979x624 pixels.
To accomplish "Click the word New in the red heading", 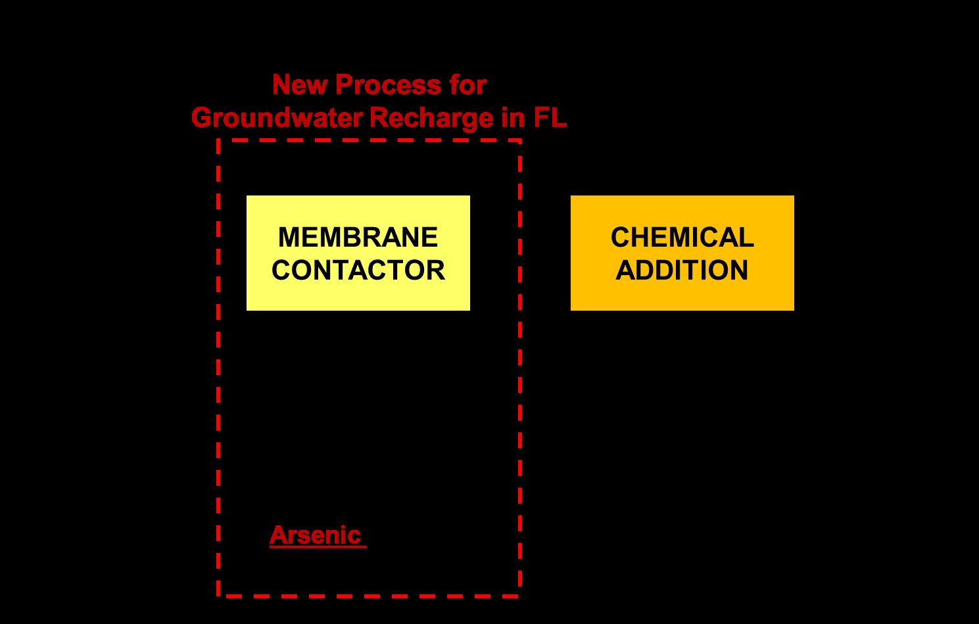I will [x=294, y=85].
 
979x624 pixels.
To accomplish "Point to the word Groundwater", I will [x=277, y=118].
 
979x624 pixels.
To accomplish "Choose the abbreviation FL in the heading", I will [x=549, y=118].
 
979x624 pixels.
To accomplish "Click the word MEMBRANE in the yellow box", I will [x=358, y=237].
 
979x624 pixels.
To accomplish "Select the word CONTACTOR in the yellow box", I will [x=358, y=270].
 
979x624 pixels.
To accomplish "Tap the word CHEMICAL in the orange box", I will [x=682, y=237].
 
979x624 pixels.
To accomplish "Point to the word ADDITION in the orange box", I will [x=682, y=270].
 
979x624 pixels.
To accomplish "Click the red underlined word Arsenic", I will [x=315, y=534].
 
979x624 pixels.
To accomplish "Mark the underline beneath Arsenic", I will [x=318, y=546].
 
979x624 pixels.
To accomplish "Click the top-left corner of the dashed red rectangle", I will [x=218, y=140].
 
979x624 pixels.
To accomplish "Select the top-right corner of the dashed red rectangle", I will [x=520, y=140].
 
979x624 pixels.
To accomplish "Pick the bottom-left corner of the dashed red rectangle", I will [x=218, y=596].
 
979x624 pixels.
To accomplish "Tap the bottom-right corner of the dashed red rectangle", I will [x=520, y=596].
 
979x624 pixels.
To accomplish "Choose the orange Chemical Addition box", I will [x=682, y=293].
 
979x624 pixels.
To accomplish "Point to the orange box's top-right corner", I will [x=793, y=197].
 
